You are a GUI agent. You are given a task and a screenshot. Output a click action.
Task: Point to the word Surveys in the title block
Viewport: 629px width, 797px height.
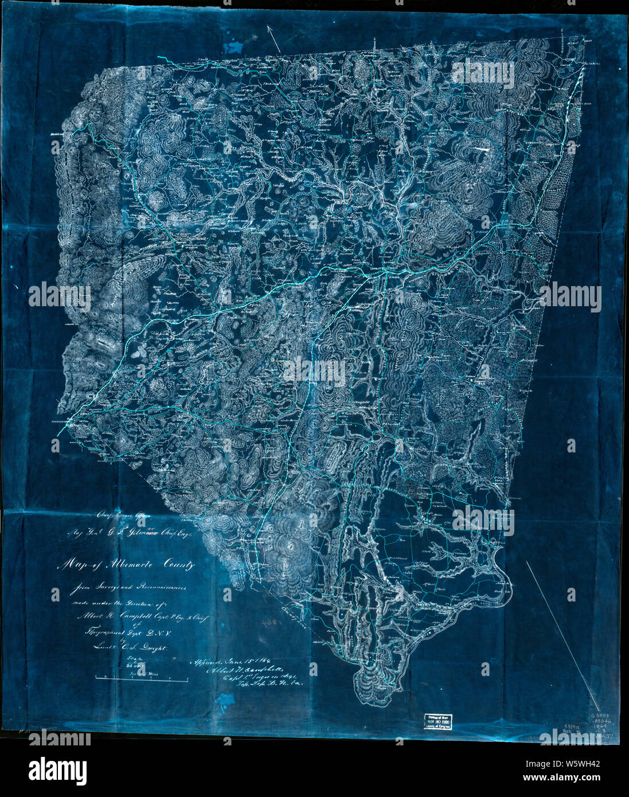pos(105,587)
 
